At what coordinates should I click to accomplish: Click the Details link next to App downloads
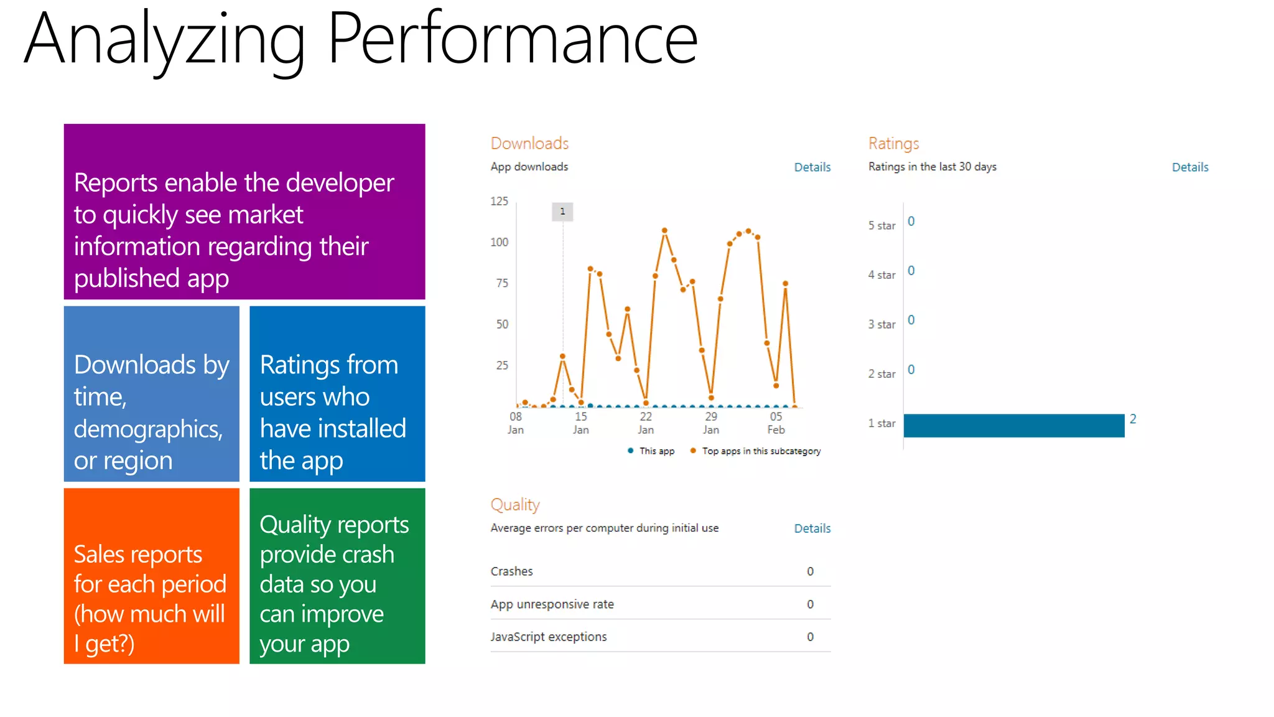812,167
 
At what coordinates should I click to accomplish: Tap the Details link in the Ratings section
1189,167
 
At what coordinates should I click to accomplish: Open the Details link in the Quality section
812,528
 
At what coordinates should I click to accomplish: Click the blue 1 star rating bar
1013,426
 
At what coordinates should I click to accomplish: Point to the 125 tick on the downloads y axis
499,201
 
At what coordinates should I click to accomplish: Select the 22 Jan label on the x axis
646,423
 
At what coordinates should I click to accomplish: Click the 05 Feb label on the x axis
776,423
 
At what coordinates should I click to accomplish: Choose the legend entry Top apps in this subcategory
755,451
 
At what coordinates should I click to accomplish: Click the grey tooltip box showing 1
562,212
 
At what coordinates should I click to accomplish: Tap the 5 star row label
881,225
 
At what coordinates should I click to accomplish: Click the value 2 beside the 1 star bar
1133,419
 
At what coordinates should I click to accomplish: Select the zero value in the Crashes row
810,571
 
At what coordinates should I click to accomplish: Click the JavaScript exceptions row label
548,637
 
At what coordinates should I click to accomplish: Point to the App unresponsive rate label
552,604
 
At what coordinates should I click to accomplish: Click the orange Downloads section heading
529,144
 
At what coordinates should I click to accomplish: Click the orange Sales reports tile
151,576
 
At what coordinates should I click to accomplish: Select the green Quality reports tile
337,576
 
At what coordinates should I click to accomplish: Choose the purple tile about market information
244,212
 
